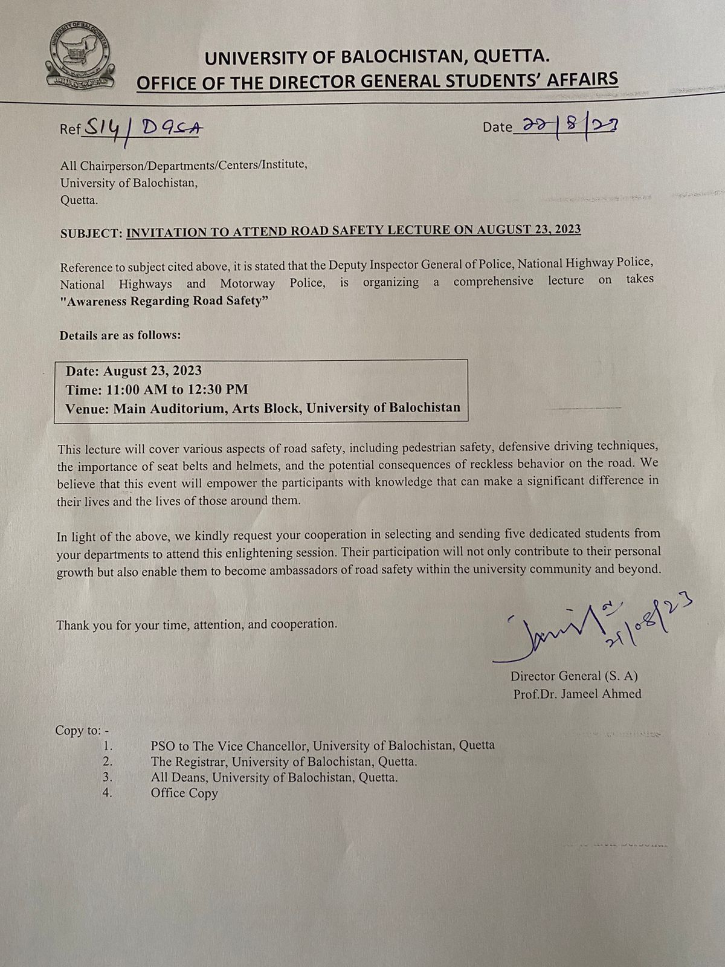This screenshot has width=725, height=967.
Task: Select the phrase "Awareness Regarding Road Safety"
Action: click(x=164, y=302)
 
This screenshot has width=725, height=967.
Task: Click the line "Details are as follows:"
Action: click(x=120, y=335)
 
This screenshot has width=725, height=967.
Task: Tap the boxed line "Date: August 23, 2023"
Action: click(x=134, y=371)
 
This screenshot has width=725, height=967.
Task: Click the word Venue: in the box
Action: click(x=86, y=408)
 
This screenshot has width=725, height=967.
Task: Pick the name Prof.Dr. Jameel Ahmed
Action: click(x=577, y=694)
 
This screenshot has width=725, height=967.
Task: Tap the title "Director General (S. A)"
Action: click(x=573, y=677)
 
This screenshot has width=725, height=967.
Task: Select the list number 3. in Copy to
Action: click(x=108, y=777)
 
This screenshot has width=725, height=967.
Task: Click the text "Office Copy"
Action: click(x=184, y=794)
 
